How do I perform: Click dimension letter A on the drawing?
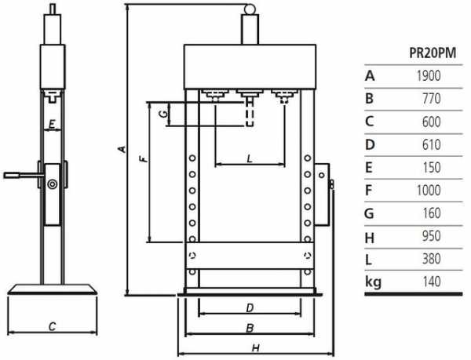[x=120, y=148]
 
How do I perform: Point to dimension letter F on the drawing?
[x=142, y=160]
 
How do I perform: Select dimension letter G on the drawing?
[x=162, y=115]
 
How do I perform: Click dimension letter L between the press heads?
[x=249, y=158]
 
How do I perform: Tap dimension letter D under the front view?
[x=248, y=307]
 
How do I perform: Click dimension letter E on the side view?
[x=51, y=124]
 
